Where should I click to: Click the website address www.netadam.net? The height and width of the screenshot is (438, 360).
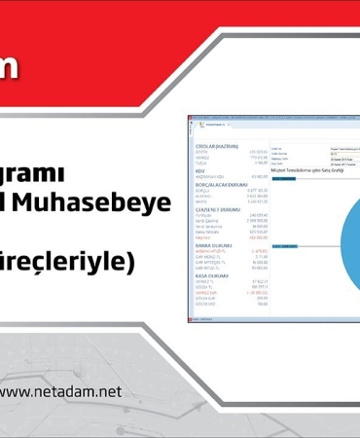pyautogui.click(x=62, y=391)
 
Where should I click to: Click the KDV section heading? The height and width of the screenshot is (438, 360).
pyautogui.click(x=202, y=170)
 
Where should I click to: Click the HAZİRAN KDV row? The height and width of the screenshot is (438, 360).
pyautogui.click(x=210, y=176)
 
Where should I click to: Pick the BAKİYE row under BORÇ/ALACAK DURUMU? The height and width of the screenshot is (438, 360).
pyautogui.click(x=203, y=201)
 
